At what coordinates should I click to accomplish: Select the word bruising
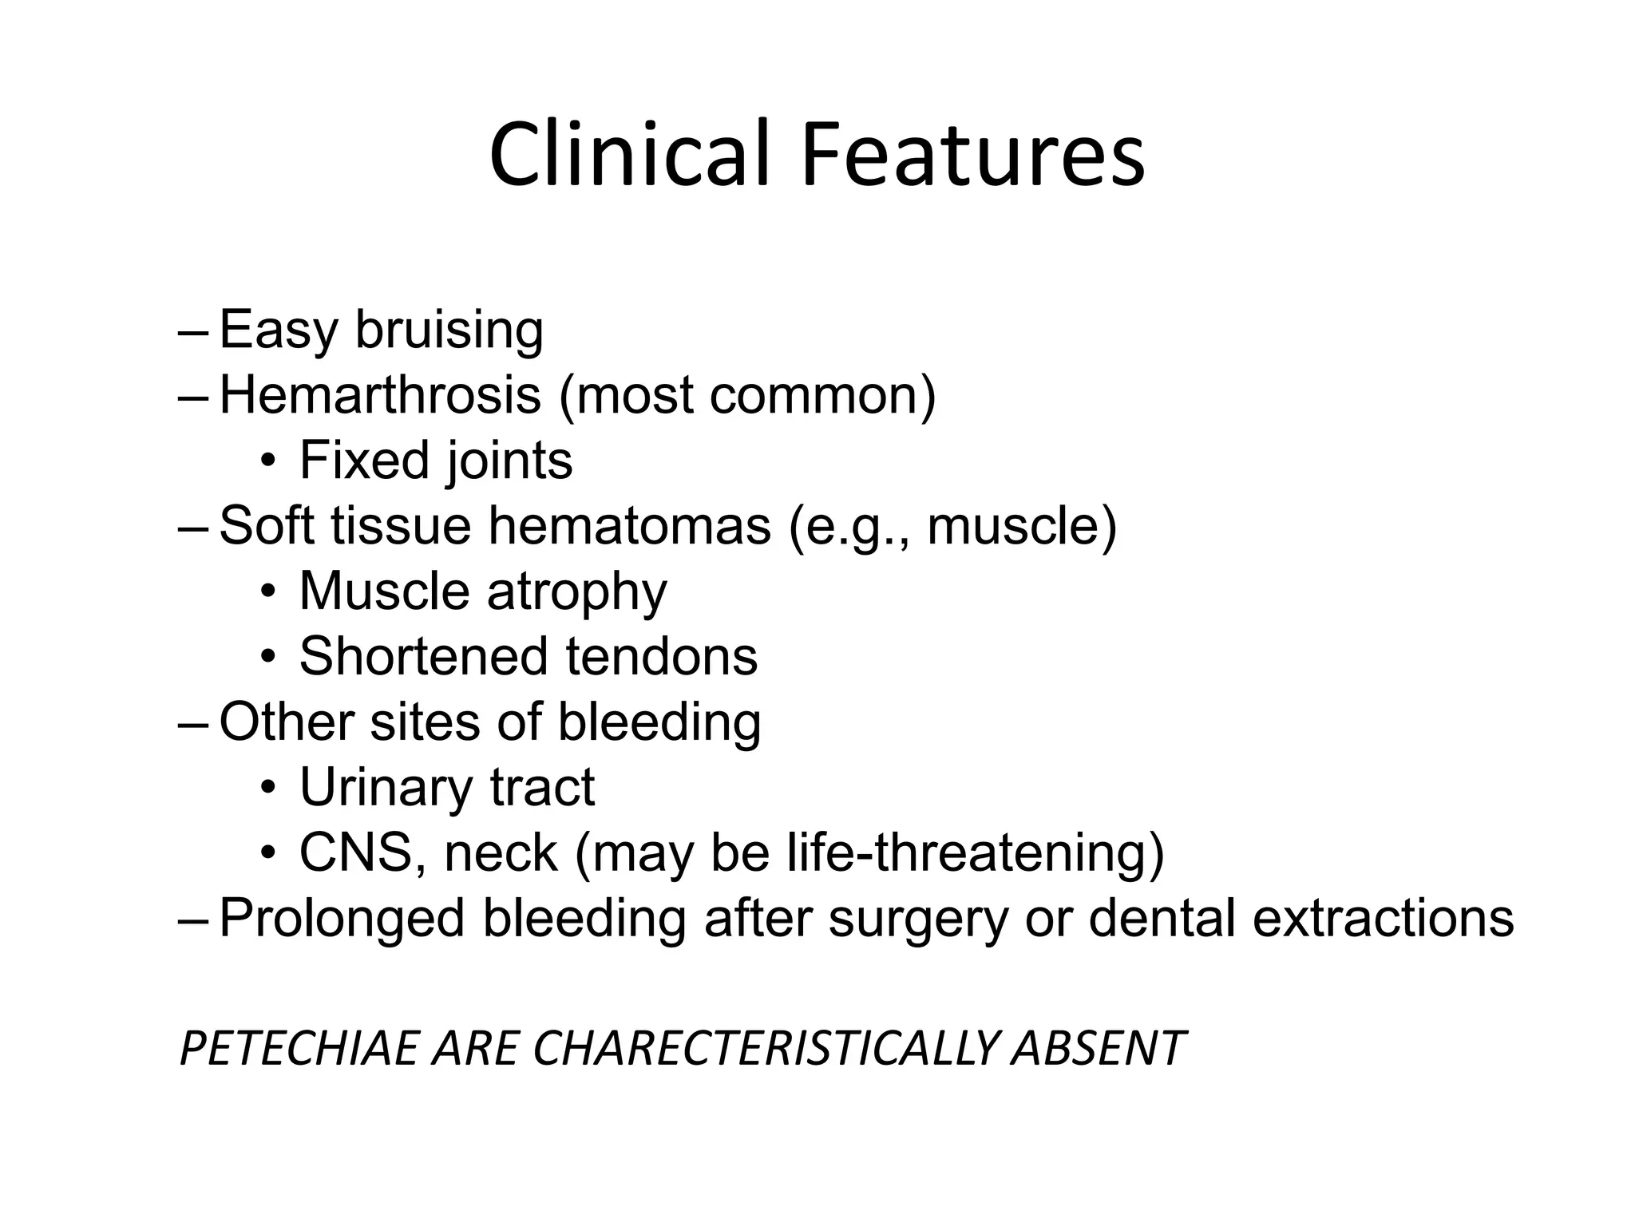coord(449,330)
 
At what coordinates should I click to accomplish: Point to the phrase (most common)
coord(746,396)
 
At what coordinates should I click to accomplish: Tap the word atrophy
coord(576,593)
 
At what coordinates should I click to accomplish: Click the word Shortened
coord(424,656)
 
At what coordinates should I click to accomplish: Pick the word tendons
coord(662,656)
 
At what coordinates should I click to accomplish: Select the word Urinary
coord(386,789)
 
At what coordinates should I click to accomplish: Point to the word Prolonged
coord(342,919)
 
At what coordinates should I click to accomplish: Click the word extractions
coord(1383,919)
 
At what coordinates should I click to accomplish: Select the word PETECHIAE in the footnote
coord(299,1048)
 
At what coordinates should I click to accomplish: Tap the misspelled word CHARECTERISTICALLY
coord(766,1048)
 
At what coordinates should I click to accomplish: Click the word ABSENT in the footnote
coord(1098,1048)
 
